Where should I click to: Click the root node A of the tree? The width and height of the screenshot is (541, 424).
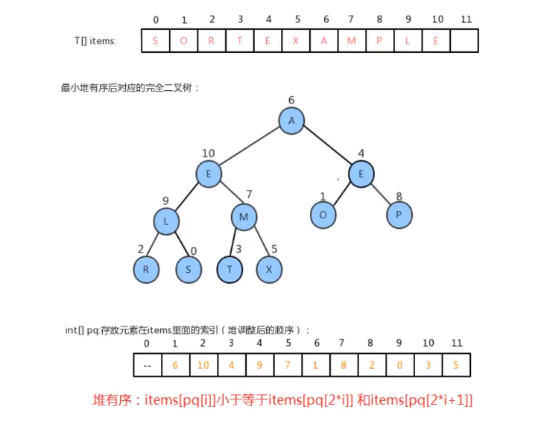coord(292,121)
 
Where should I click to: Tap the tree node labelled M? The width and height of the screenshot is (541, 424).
coord(244,218)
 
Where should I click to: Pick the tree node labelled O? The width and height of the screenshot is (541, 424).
coord(323,215)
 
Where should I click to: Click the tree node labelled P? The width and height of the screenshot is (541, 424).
coord(399,215)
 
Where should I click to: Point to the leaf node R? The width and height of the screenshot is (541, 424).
coord(147,270)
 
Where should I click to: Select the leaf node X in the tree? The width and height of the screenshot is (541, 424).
coord(269,270)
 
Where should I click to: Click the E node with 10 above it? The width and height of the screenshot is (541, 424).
coord(209,174)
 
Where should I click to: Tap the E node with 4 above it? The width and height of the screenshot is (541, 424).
coord(361,174)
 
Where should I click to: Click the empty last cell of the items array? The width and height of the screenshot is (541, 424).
coord(464,40)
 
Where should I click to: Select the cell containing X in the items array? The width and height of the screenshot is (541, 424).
coord(296,40)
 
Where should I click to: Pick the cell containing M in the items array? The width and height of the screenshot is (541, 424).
coord(352,40)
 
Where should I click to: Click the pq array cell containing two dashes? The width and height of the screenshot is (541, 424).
coord(147,365)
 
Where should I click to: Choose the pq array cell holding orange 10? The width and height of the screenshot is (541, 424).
coord(203,365)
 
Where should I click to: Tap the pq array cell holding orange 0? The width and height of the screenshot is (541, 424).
coord(399,365)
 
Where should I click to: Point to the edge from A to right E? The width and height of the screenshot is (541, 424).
coord(326,148)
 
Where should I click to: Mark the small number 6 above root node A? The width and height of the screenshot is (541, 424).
coord(291,100)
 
